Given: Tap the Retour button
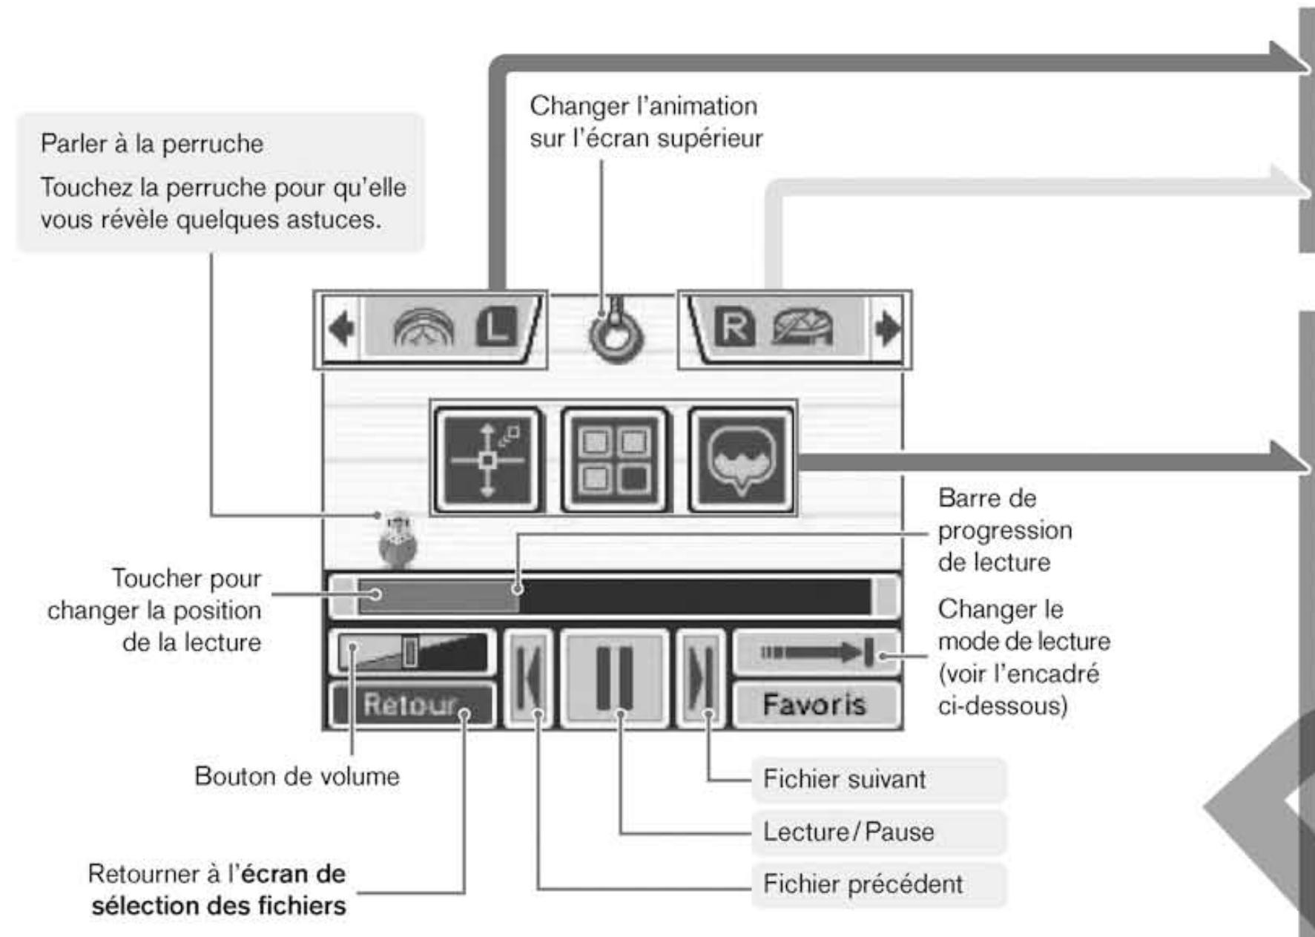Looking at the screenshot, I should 411,704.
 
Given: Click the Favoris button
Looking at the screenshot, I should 815,704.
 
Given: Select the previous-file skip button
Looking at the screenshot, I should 527,678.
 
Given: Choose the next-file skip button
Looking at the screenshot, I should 701,678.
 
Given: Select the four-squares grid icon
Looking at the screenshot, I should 615,461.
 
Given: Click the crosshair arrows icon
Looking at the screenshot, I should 487,461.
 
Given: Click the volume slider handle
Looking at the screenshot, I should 409,652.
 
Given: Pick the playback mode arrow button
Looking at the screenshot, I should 816,652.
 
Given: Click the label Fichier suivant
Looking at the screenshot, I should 844,780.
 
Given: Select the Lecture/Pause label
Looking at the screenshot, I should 848,832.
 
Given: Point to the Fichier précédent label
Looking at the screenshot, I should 863,884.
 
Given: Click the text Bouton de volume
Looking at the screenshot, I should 297,777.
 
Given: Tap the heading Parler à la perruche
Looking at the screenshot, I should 152,144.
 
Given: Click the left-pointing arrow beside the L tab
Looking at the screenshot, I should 341,329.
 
